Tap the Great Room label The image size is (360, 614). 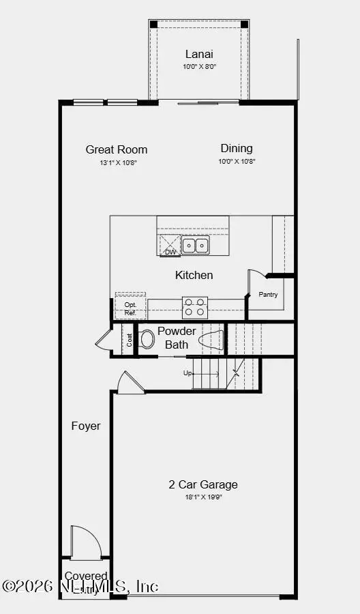[117, 149]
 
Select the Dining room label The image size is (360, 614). [237, 148]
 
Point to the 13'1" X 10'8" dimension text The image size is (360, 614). [117, 162]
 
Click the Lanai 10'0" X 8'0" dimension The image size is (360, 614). [198, 67]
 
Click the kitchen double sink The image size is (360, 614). [196, 246]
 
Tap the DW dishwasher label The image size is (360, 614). [170, 252]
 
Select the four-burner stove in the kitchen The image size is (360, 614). [195, 307]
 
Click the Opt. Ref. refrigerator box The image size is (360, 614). [130, 308]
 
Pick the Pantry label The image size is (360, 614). [267, 295]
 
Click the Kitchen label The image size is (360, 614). [194, 275]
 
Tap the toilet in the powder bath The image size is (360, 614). [147, 339]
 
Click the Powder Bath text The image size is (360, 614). [177, 338]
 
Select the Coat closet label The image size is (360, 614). [130, 340]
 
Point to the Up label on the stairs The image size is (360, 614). [187, 373]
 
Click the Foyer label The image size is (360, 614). [86, 426]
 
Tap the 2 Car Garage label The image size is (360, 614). [203, 484]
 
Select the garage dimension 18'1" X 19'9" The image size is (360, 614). [203, 497]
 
